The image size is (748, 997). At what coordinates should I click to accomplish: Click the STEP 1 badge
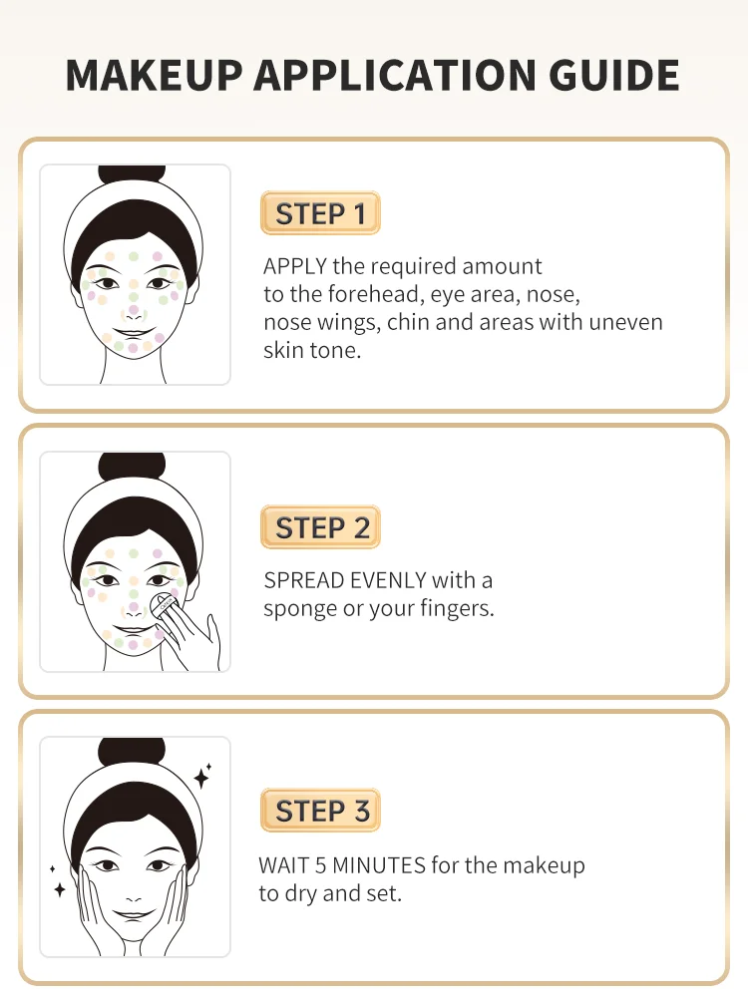(x=320, y=213)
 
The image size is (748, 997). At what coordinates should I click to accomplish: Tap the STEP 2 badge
(x=320, y=527)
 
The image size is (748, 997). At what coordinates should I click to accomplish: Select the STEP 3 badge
(x=320, y=810)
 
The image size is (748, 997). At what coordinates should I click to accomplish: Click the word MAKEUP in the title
(x=154, y=75)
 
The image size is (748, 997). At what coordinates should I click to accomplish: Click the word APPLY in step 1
(x=295, y=266)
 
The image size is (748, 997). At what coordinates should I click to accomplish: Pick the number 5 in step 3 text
(x=320, y=865)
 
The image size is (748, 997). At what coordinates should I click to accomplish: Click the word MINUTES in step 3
(x=379, y=865)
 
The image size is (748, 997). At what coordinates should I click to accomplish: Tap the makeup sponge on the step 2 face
(x=164, y=605)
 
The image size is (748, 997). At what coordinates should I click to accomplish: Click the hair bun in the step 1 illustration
(x=132, y=174)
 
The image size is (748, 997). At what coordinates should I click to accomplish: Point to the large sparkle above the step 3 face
(x=201, y=777)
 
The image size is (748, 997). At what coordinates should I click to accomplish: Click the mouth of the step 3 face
(x=134, y=916)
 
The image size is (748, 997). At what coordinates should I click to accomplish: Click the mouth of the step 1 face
(x=134, y=333)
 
